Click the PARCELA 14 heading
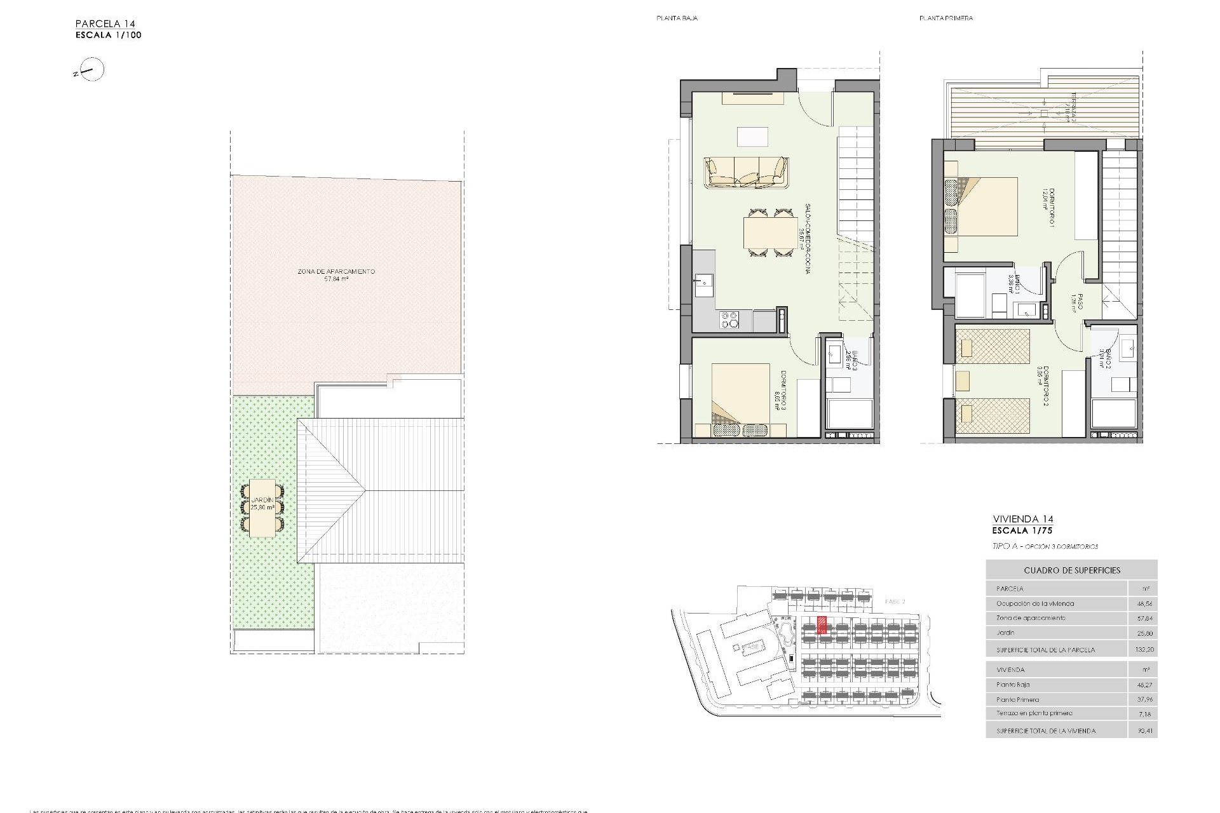click(x=105, y=24)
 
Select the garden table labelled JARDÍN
click(x=262, y=508)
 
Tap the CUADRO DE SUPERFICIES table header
click(x=1071, y=570)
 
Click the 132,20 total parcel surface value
click(x=1143, y=650)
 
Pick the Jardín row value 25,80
click(x=1144, y=633)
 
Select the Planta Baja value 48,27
click(x=1144, y=685)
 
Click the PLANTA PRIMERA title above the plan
click(x=945, y=18)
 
